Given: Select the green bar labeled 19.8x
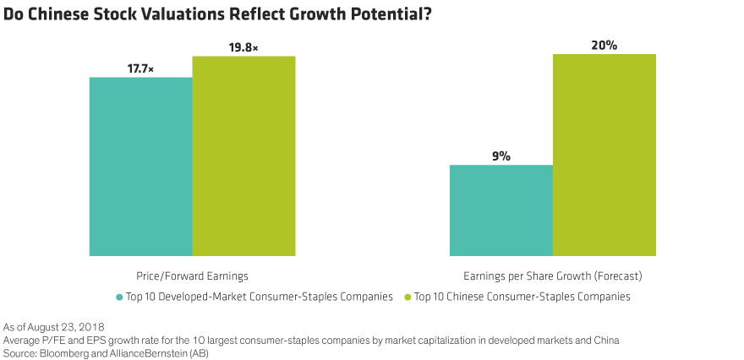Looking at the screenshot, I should (x=243, y=155).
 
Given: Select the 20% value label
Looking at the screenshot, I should (x=604, y=46).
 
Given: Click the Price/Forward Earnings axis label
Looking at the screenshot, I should (x=192, y=276).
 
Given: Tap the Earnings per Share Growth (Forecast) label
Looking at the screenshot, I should (x=552, y=276).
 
